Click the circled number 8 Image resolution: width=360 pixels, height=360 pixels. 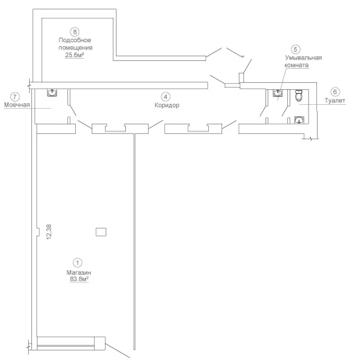(x=75, y=32)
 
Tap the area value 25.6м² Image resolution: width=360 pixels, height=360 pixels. (x=74, y=55)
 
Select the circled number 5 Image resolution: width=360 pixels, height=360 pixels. (x=295, y=49)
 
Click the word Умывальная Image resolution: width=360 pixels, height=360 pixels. (x=303, y=58)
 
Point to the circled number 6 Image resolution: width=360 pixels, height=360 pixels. (x=335, y=92)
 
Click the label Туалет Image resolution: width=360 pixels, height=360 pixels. (x=335, y=100)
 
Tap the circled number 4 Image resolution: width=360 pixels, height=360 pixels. (x=165, y=97)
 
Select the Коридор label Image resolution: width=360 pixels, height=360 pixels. (x=167, y=105)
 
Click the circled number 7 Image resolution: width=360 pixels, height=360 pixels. (x=15, y=97)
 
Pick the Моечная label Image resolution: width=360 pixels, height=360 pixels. (x=17, y=105)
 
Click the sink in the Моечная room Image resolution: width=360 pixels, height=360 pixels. (x=52, y=92)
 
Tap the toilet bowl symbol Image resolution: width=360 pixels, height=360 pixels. (x=299, y=95)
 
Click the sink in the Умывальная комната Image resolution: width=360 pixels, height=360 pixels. (x=278, y=93)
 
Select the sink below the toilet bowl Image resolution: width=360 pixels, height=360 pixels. (x=299, y=120)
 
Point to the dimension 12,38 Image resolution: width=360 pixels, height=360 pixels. (x=49, y=232)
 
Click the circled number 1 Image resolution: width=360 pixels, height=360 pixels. (x=77, y=263)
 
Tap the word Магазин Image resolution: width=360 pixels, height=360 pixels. (x=79, y=272)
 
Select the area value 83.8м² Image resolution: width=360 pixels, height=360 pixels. (x=79, y=279)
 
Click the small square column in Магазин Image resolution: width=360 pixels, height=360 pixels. (x=101, y=232)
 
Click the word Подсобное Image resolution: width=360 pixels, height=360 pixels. (x=75, y=40)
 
